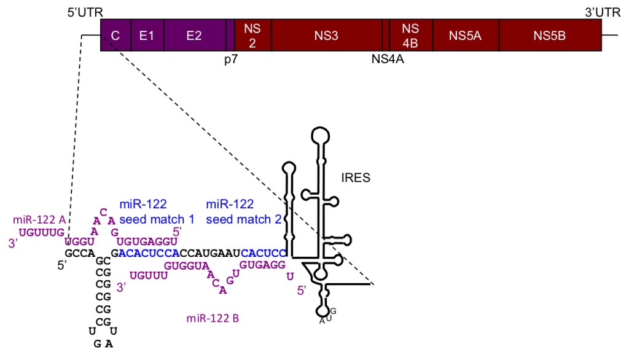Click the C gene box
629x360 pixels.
pyautogui.click(x=115, y=36)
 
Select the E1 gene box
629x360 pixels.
pyautogui.click(x=147, y=36)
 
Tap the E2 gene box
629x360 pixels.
pyautogui.click(x=194, y=36)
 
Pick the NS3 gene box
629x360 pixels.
pyautogui.click(x=326, y=36)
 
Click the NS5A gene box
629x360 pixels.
pyautogui.click(x=465, y=36)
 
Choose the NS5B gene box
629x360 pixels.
pyautogui.click(x=549, y=36)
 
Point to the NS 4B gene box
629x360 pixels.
pyautogui.click(x=410, y=36)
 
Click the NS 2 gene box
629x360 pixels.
pyautogui.click(x=252, y=36)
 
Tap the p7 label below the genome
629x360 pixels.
pyautogui.click(x=230, y=61)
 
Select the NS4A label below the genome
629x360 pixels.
pyautogui.click(x=388, y=60)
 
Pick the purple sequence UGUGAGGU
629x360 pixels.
pyautogui.click(x=147, y=242)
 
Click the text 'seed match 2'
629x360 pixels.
pyautogui.click(x=239, y=219)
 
